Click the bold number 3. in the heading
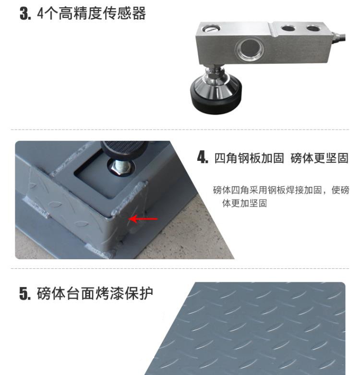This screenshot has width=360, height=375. click(x=25, y=13)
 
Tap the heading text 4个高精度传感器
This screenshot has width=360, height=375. click(x=92, y=13)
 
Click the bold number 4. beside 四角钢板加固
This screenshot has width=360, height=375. click(x=203, y=157)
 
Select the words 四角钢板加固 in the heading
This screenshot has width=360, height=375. click(x=249, y=158)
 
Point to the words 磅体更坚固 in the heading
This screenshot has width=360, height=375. click(x=319, y=158)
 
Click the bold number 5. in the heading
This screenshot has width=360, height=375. click(x=25, y=293)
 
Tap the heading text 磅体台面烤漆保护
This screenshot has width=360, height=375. click(x=95, y=293)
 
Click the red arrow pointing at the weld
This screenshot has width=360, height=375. click(x=143, y=218)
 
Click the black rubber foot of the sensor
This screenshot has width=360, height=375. click(x=216, y=102)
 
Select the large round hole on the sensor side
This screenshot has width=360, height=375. click(x=250, y=50)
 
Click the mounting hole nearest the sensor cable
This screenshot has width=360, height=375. click(x=314, y=28)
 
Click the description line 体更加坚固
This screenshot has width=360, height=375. click(x=244, y=203)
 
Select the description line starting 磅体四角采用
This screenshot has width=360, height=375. click(x=281, y=190)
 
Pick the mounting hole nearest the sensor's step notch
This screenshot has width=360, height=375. click(x=288, y=28)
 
